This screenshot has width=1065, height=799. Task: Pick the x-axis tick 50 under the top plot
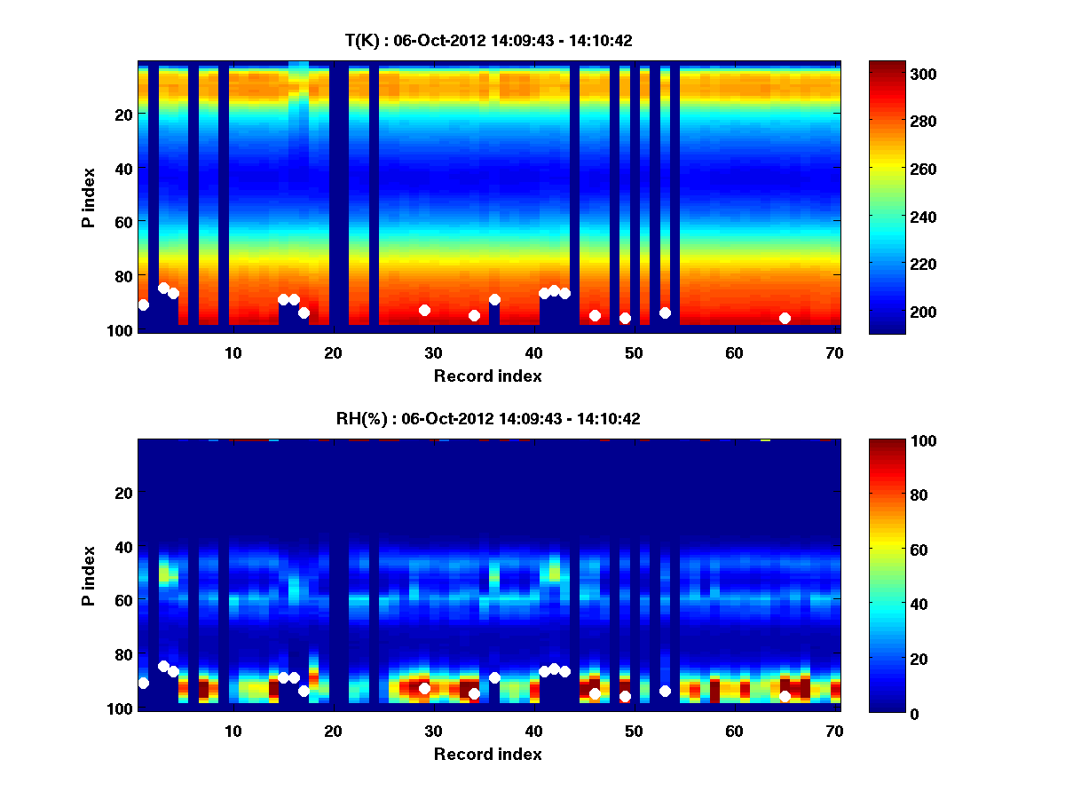[x=634, y=352]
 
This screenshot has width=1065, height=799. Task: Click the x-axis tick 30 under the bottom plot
[x=433, y=731]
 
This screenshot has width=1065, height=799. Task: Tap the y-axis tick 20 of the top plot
[x=122, y=115]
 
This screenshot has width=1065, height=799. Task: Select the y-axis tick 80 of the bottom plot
[x=122, y=654]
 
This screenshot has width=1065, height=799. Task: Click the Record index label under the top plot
[x=488, y=376]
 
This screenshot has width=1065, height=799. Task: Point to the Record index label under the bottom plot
[x=488, y=754]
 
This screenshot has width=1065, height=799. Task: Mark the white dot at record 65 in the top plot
[x=785, y=318]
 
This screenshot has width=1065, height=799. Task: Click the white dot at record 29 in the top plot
[x=424, y=310]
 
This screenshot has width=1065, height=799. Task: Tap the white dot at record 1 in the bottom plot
[x=144, y=683]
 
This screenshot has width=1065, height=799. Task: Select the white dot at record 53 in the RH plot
[x=665, y=691]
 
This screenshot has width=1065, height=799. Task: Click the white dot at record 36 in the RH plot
[x=494, y=677]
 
